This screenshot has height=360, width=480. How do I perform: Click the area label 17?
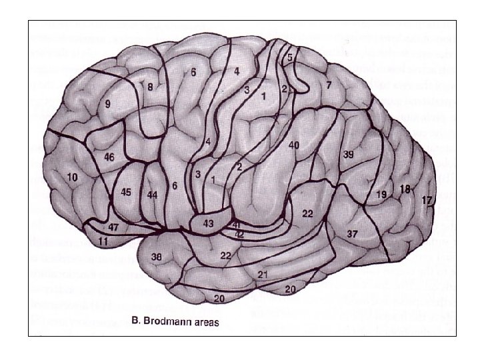tap(427, 199)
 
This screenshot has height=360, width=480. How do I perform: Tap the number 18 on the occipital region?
tap(405, 189)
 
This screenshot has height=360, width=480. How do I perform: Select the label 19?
tap(381, 194)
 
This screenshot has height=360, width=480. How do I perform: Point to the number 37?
tap(352, 233)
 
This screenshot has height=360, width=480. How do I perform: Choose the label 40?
tap(294, 145)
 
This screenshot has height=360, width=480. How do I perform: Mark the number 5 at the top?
tap(290, 58)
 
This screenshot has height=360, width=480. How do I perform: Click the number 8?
tap(151, 86)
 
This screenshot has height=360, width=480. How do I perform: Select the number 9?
tap(107, 105)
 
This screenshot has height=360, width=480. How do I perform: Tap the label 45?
tap(126, 192)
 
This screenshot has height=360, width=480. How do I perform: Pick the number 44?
tap(153, 194)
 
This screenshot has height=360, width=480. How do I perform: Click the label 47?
tap(113, 227)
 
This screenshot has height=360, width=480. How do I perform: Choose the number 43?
tap(208, 224)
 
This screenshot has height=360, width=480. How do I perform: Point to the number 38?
tap(157, 257)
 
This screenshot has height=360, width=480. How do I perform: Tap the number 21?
tap(263, 275)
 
